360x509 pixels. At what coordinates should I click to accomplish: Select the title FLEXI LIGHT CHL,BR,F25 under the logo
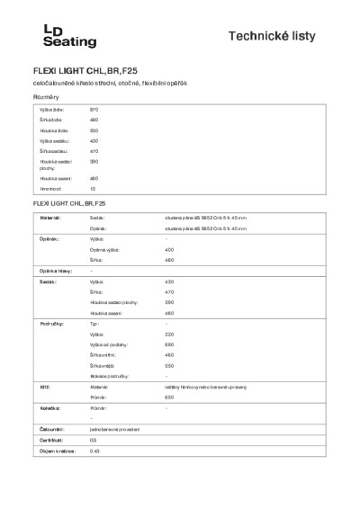point(85,69)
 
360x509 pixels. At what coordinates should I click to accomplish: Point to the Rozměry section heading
point(47,96)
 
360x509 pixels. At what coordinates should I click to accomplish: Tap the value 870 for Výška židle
point(94,109)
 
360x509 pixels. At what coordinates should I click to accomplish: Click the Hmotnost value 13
point(92,189)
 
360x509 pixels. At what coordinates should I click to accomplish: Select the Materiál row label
point(50,218)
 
